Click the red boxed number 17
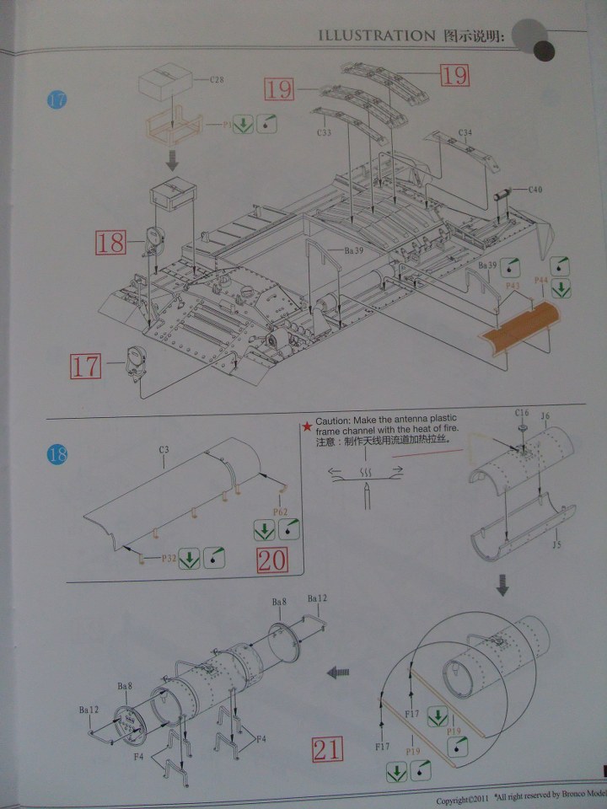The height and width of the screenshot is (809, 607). point(84,367)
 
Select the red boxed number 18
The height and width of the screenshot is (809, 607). point(110,244)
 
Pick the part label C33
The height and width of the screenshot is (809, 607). point(325,133)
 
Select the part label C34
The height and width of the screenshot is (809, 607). point(465,132)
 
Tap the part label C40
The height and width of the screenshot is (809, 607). point(534,190)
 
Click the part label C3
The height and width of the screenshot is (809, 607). point(164,450)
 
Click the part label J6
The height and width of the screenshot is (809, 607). point(545,415)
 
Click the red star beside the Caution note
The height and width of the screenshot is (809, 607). point(308,421)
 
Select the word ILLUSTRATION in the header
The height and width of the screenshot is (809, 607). point(374,35)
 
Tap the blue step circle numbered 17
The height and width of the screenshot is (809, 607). point(57,100)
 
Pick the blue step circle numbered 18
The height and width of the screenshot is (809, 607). point(57,456)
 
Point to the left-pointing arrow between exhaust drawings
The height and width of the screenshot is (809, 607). point(338,672)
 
